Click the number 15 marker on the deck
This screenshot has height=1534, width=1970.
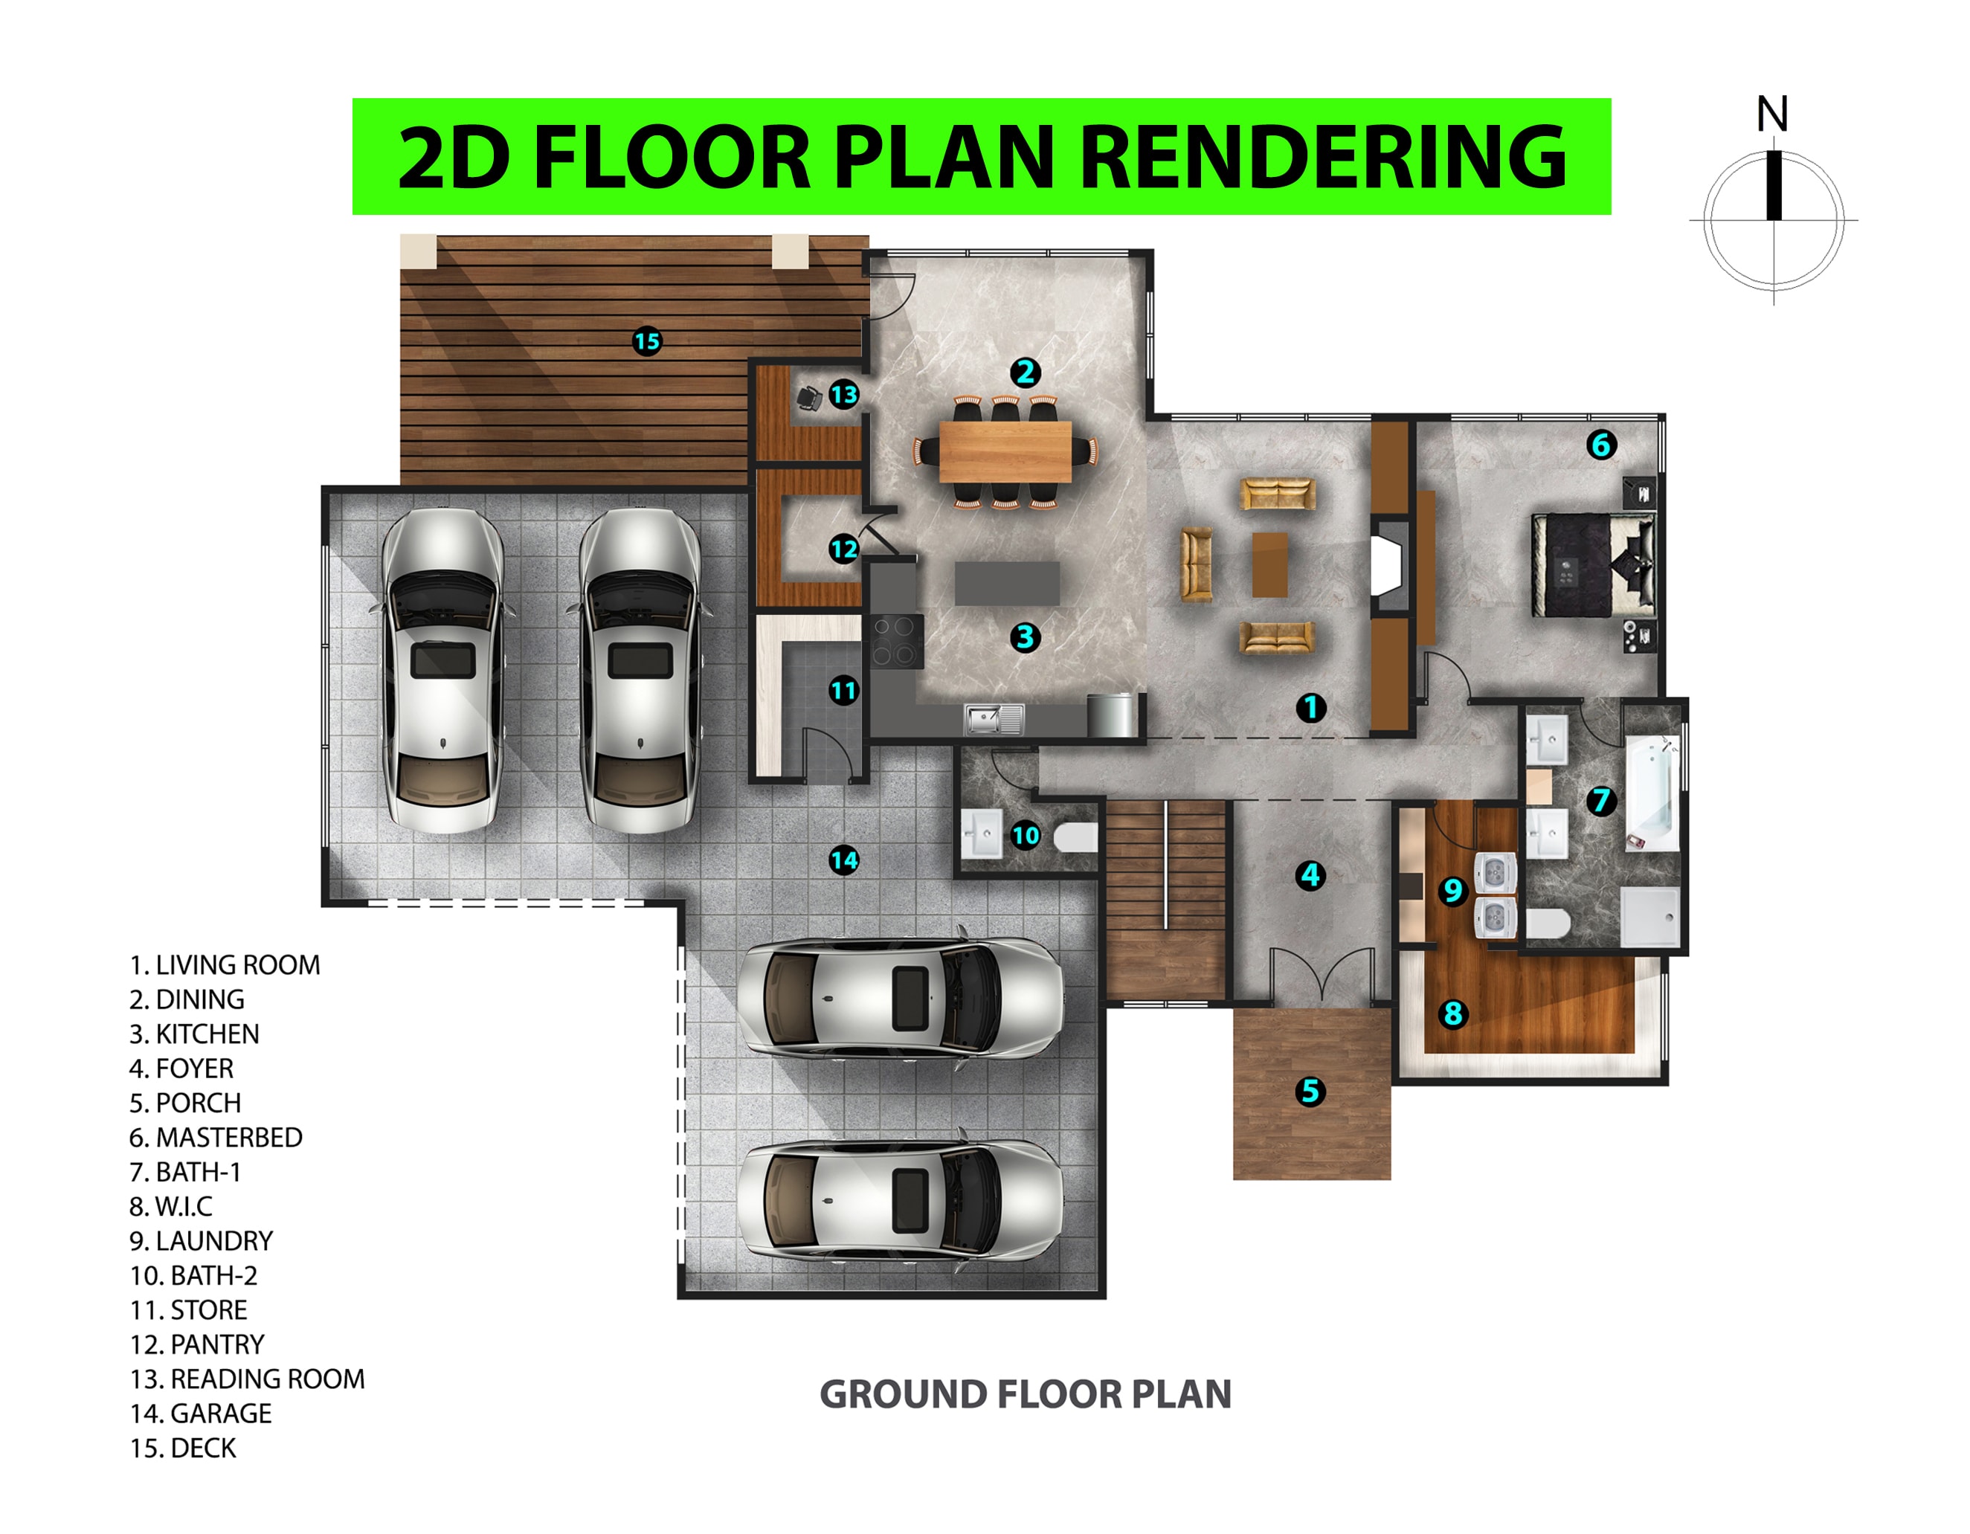[647, 342]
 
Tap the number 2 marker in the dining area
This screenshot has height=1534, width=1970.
[1025, 373]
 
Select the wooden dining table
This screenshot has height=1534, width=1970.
[1005, 452]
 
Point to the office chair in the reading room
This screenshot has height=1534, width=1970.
[809, 398]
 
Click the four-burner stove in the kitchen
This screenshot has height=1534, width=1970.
[895, 640]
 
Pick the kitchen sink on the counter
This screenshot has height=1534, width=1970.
[993, 719]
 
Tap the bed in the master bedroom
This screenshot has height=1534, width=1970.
[1594, 564]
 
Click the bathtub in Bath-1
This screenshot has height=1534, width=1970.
[1652, 793]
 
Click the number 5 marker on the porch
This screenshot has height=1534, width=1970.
[1310, 1092]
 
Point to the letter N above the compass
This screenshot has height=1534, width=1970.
[1772, 115]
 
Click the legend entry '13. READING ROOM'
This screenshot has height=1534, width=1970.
[247, 1379]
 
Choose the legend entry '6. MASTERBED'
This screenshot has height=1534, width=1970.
[216, 1137]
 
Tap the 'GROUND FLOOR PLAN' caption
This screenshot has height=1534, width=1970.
[1025, 1394]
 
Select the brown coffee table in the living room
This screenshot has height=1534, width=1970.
[1270, 564]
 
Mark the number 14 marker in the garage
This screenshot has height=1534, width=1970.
[843, 860]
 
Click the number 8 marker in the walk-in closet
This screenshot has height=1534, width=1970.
[1452, 1013]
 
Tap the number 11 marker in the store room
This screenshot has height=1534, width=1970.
[843, 691]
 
